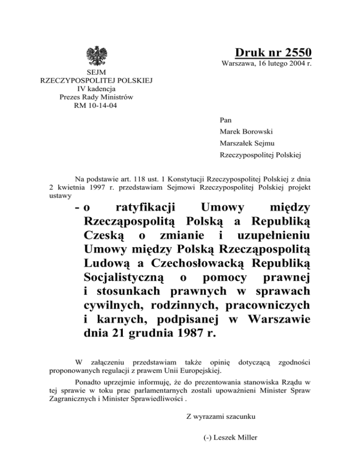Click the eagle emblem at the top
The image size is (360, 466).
pyautogui.click(x=97, y=55)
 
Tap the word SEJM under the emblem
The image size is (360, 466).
pyautogui.click(x=97, y=73)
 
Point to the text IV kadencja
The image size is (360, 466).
pyautogui.click(x=97, y=89)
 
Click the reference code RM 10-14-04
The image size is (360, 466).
pyautogui.click(x=97, y=105)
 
